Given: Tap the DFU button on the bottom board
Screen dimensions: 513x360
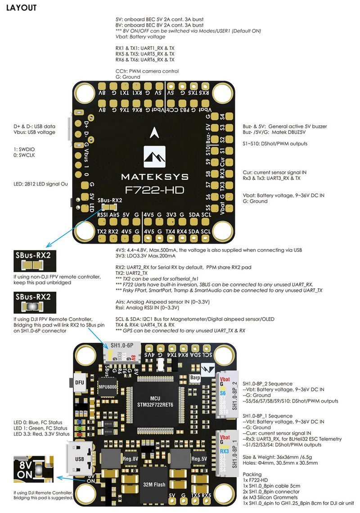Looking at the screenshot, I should [80, 382].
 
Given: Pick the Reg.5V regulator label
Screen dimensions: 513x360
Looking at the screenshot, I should [199, 459].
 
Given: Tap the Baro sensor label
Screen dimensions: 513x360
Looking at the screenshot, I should [195, 377].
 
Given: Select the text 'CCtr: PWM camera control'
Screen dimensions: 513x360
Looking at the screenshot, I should [147, 71].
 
